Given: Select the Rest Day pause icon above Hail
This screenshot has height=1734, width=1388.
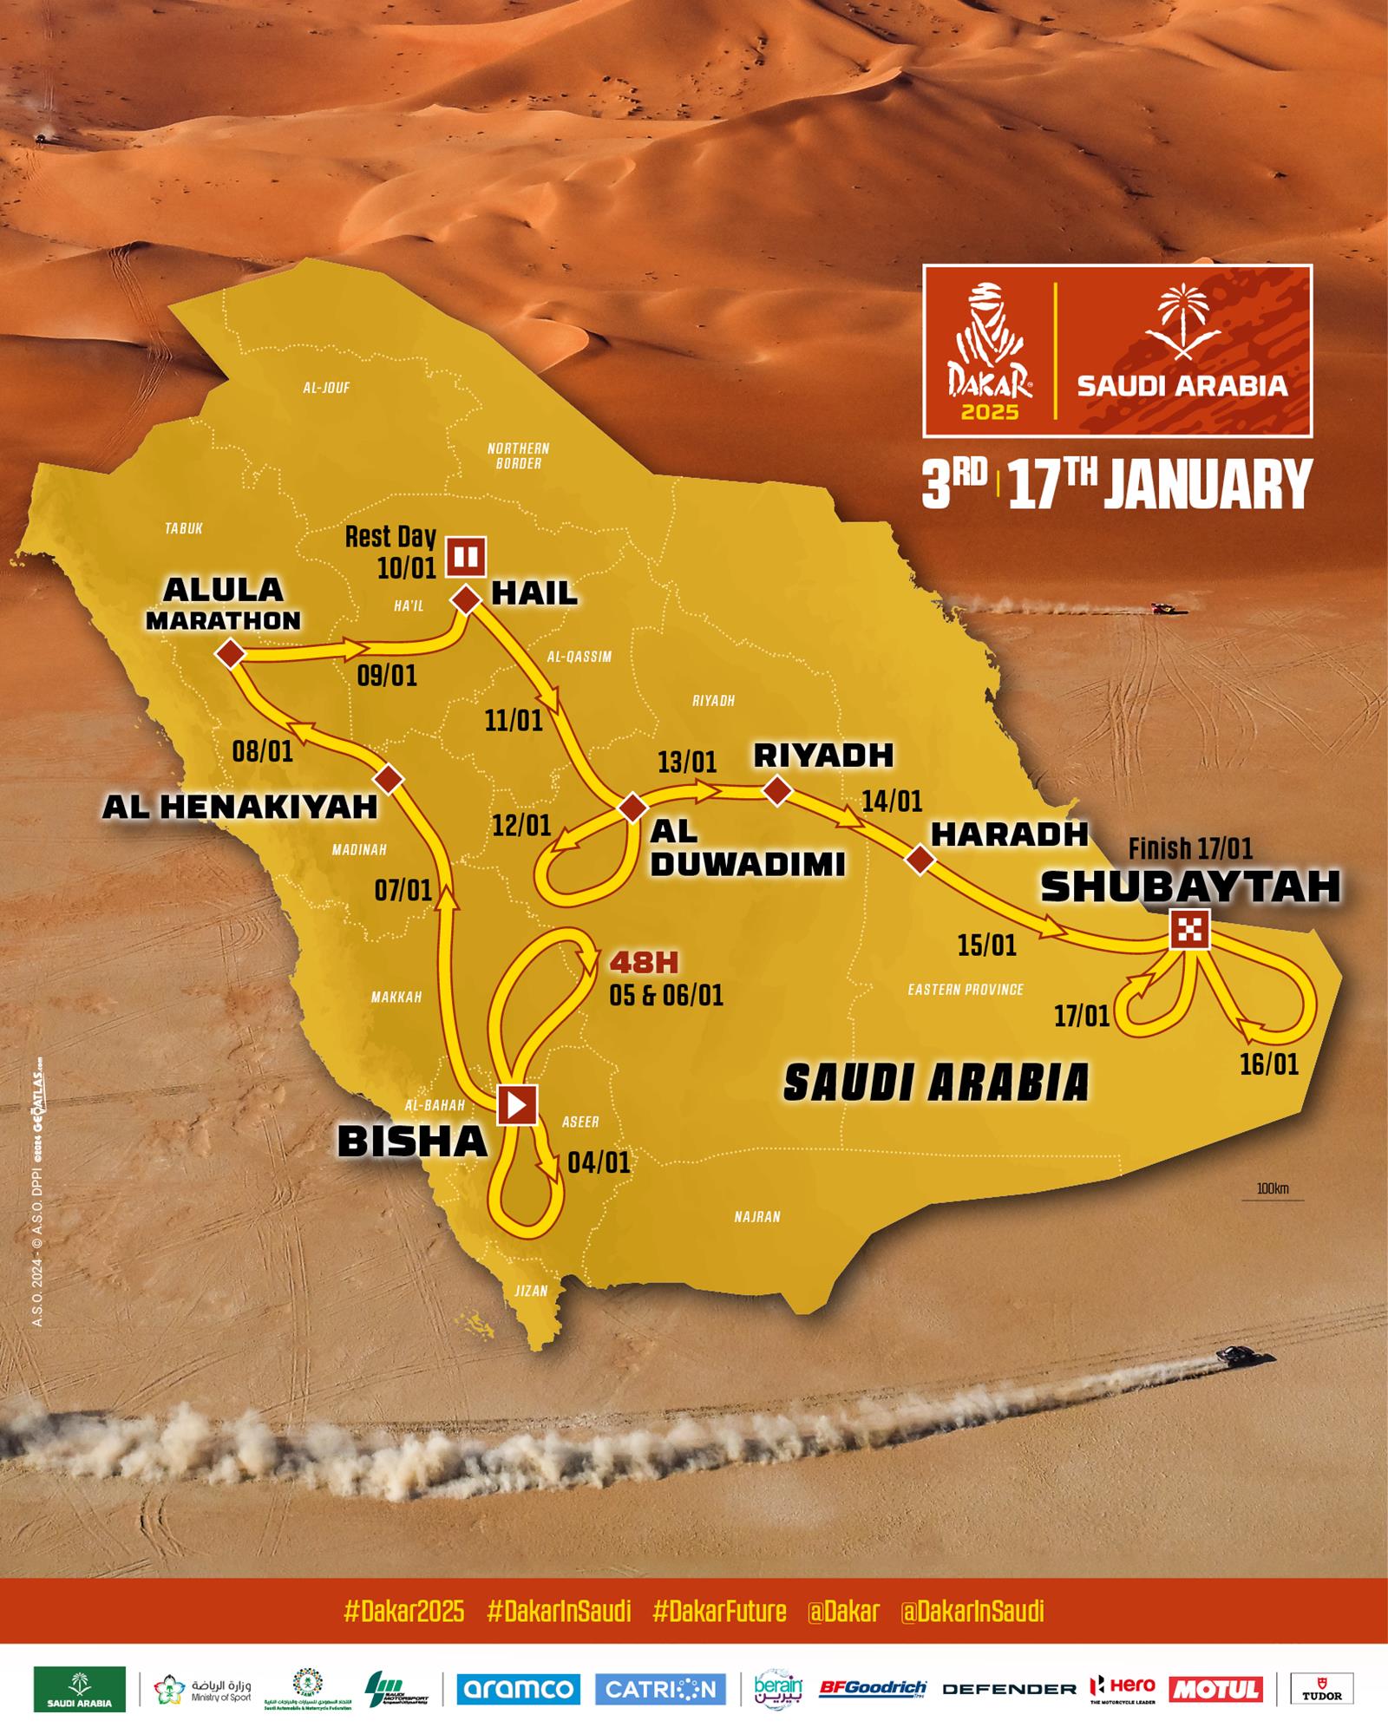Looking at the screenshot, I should [x=466, y=556].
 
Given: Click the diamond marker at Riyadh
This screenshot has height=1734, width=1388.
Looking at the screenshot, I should [x=776, y=790].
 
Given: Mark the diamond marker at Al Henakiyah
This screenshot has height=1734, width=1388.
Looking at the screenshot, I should [x=390, y=780].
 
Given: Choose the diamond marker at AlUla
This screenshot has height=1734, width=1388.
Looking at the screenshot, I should [x=231, y=653].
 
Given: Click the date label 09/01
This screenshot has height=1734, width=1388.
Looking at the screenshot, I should [x=387, y=676].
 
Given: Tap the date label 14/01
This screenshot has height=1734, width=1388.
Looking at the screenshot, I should [x=892, y=801].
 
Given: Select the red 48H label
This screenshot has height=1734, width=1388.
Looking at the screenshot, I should [x=644, y=962].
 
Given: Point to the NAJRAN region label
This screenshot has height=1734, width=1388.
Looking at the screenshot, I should [x=757, y=1217].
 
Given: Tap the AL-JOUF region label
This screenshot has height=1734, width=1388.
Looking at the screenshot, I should [x=326, y=388].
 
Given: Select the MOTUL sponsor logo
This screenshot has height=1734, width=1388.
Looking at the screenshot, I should [x=1214, y=1688].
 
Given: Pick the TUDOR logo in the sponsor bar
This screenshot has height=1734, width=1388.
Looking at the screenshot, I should [x=1321, y=1688].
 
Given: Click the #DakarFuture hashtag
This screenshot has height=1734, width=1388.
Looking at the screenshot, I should [x=719, y=1612].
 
